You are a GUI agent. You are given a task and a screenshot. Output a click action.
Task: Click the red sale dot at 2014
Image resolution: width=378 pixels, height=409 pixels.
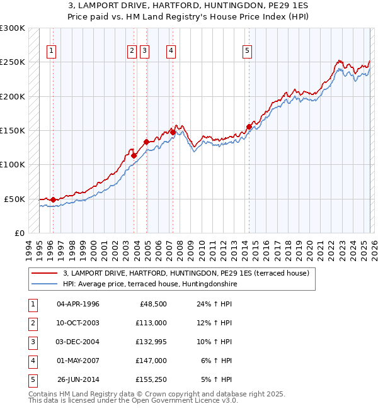point(249,127)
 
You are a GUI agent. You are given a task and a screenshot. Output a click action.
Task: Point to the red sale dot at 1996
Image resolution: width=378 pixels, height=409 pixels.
point(53,199)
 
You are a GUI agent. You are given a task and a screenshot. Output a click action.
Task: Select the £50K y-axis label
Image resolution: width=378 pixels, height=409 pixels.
point(14,199)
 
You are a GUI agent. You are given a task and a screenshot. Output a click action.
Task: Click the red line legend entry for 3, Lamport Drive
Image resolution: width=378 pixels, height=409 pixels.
point(186,274)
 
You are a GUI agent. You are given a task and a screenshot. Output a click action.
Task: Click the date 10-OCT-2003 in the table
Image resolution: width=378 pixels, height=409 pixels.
point(78,323)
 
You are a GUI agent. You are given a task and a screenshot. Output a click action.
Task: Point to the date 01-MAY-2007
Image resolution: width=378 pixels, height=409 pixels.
point(78,361)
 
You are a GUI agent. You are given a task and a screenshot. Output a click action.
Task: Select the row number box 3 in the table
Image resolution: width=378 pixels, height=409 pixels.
point(31,342)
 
